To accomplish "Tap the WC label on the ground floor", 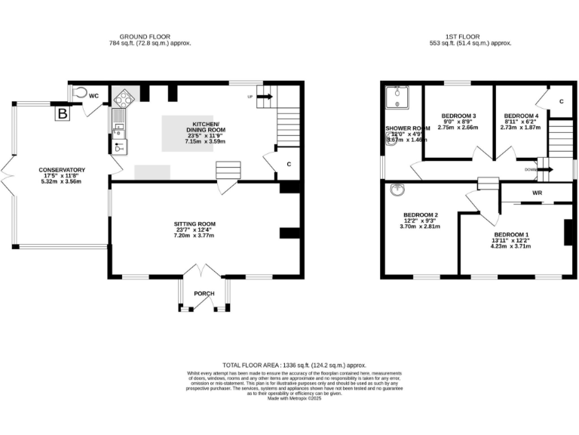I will point(94,96).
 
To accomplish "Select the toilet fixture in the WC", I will point(81,91).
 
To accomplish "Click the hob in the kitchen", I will point(124,97).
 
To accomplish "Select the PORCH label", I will point(204,293).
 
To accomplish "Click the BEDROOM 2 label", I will point(420,215).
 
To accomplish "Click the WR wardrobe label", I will point(537,192).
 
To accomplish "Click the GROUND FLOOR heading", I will point(146,36).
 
